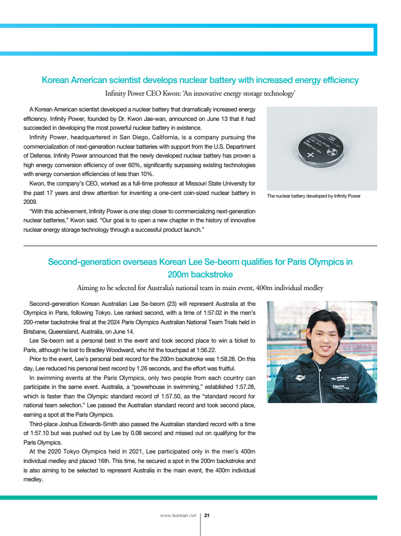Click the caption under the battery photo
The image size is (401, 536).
(x=314, y=196)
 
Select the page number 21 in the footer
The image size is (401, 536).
(x=207, y=516)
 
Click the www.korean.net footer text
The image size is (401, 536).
(x=177, y=516)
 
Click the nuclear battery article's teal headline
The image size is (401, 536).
(x=200, y=80)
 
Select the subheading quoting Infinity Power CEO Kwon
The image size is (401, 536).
(x=200, y=94)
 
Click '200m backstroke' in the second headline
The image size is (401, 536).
(x=200, y=274)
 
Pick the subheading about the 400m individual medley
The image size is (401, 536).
(x=200, y=287)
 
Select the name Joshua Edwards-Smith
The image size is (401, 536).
(x=86, y=425)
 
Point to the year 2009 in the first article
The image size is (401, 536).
(x=30, y=201)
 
